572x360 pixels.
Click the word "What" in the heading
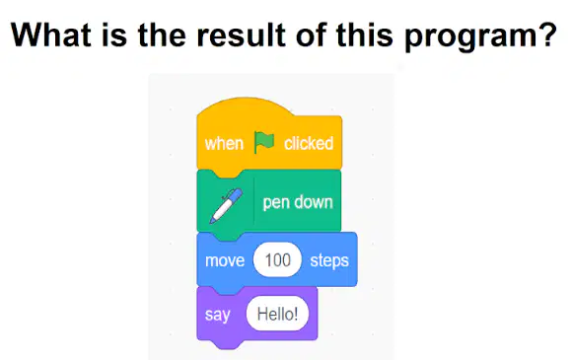(51, 35)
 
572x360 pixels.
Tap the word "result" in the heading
(241, 35)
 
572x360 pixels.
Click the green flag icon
(264, 142)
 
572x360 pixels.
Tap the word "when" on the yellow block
(224, 143)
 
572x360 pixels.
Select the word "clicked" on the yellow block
(309, 143)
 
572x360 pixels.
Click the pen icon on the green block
(226, 206)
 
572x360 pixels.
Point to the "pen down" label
(298, 202)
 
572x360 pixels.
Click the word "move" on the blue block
(225, 260)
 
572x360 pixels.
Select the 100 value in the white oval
(277, 259)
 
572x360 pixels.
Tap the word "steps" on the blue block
(329, 261)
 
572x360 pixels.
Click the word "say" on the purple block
(217, 315)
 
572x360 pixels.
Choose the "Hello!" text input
(277, 314)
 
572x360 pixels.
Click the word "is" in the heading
(114, 35)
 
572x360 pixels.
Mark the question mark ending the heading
(548, 35)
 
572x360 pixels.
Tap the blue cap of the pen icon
(235, 195)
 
